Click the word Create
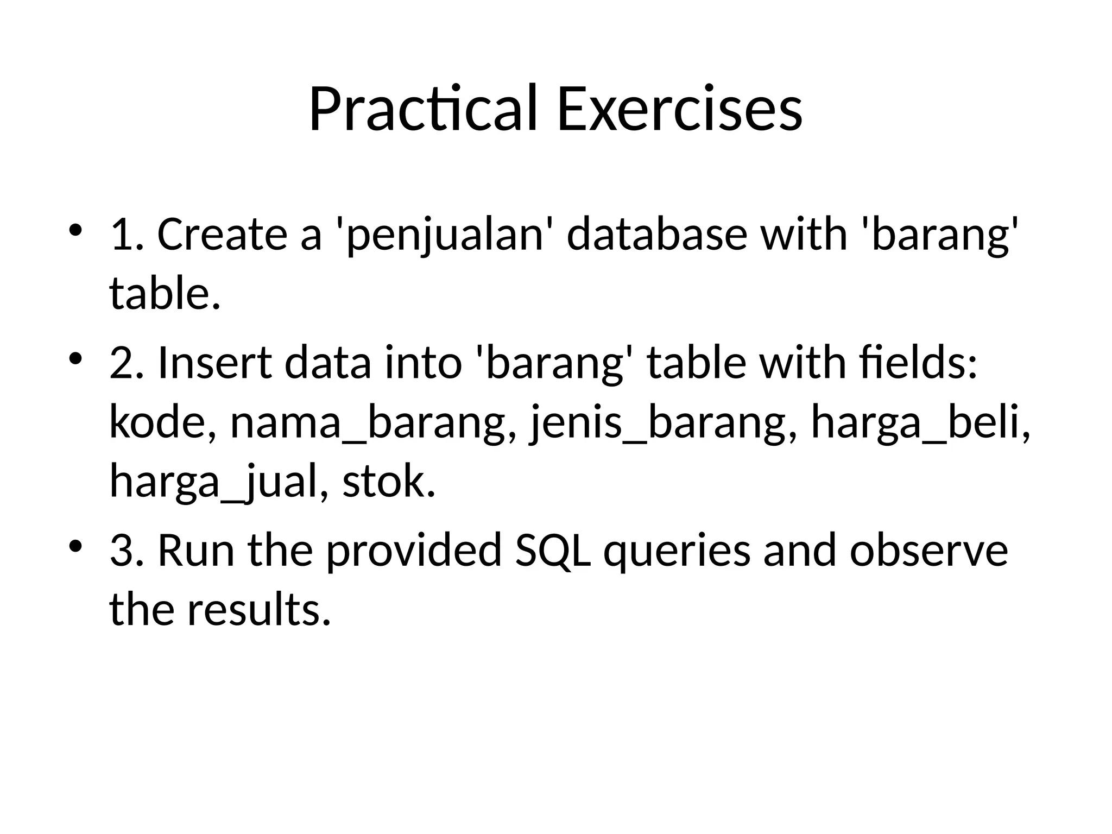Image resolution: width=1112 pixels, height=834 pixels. [222, 235]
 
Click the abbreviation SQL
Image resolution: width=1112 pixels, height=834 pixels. [553, 551]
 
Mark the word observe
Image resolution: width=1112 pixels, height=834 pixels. [928, 551]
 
